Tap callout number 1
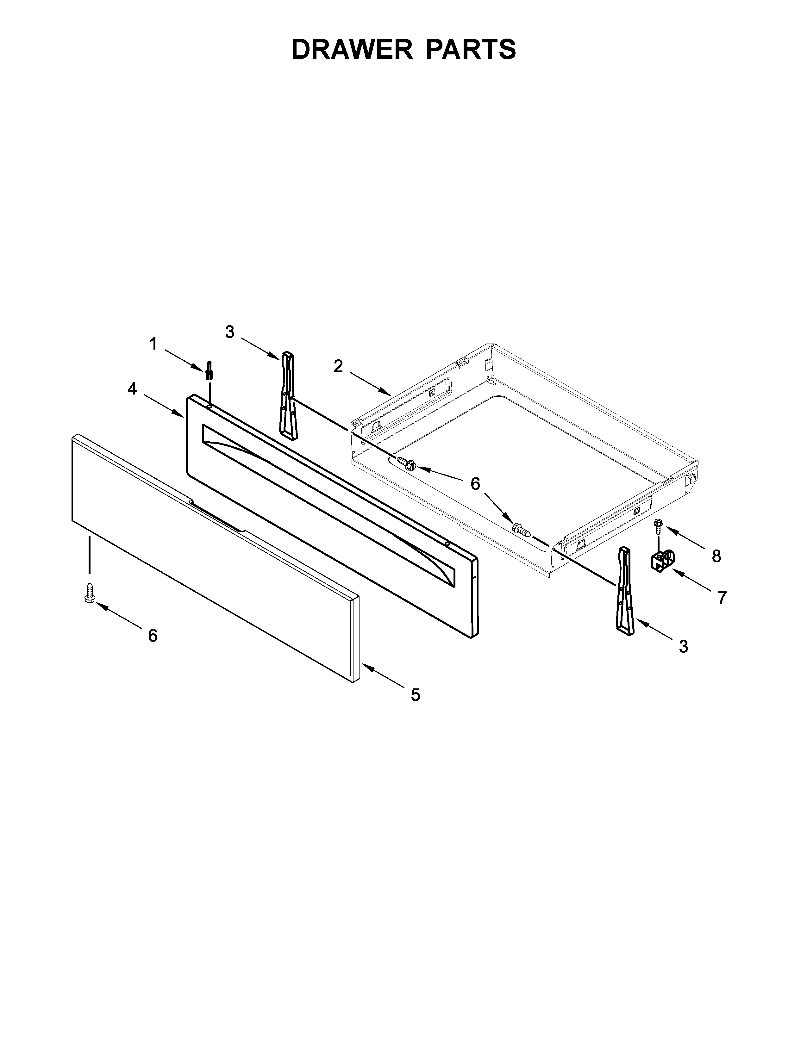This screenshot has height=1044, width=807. pos(153,343)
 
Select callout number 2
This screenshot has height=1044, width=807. pos(338,366)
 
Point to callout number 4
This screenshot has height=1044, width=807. pos(132,388)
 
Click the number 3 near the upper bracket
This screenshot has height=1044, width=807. pos(230,332)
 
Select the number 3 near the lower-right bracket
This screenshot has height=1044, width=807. pos(684,646)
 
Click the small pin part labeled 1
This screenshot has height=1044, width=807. pos(209,370)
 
